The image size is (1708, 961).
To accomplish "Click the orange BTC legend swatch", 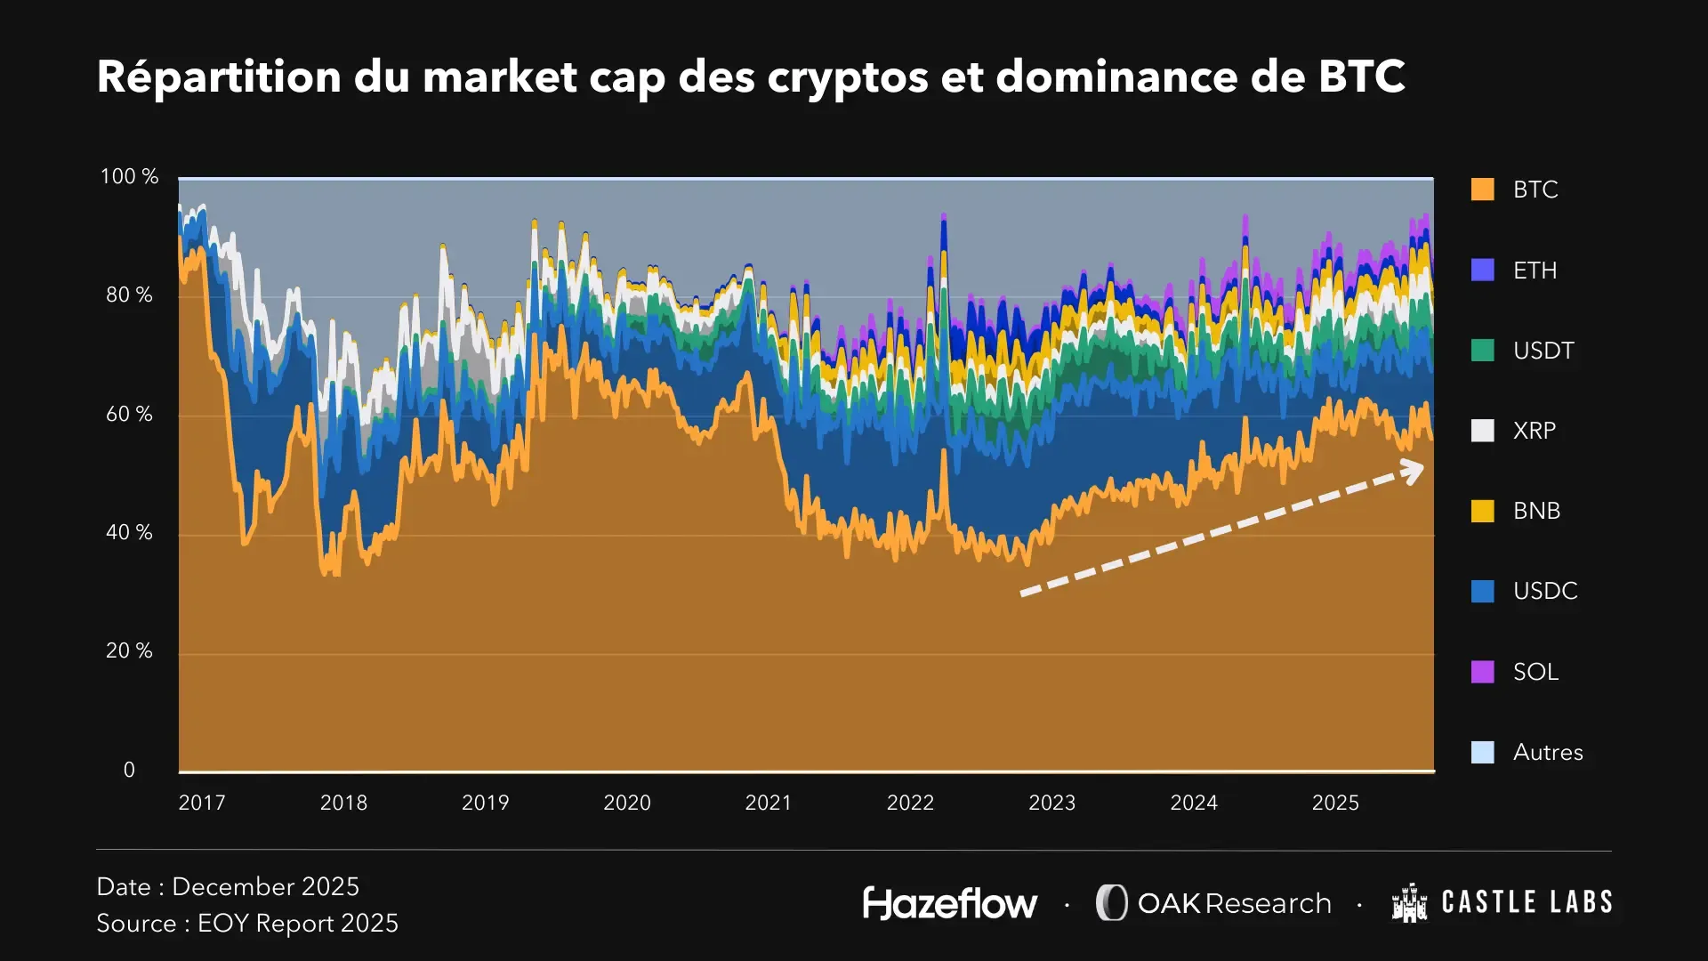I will [x=1482, y=190].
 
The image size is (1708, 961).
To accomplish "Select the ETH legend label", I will [x=1535, y=271].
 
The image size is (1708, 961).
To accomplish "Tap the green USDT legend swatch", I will [x=1482, y=351].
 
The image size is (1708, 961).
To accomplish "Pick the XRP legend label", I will [x=1534, y=431].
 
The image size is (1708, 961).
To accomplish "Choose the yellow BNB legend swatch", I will [x=1482, y=511].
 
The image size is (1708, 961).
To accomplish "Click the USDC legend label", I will [x=1544, y=591].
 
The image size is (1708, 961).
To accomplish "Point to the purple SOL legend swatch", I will [x=1482, y=672].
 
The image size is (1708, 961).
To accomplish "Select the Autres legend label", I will [x=1547, y=752].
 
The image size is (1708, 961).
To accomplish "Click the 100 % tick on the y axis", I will [x=129, y=177].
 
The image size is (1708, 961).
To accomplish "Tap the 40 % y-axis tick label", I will [x=129, y=533].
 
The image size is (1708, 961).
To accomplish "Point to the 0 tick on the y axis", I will [x=129, y=770].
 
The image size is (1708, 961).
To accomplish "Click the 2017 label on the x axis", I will [x=202, y=803].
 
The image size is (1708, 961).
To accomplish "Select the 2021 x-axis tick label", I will [x=768, y=803].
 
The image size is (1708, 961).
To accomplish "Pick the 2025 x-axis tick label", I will [x=1334, y=803].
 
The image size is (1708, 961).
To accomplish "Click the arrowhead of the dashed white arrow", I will [x=1414, y=471].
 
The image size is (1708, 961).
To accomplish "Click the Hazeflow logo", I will [x=949, y=903].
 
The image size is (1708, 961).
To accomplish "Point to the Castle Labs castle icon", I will [x=1409, y=903].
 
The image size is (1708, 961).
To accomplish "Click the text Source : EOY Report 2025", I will [x=247, y=924].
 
